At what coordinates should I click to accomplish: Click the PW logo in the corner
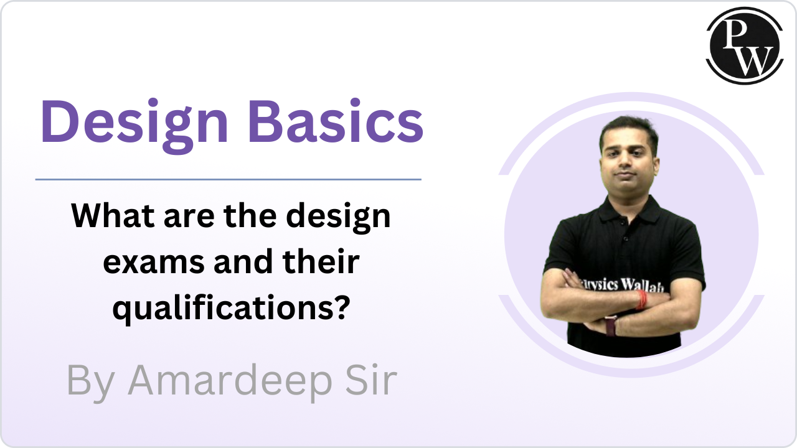(x=745, y=46)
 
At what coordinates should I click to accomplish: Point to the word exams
(x=154, y=263)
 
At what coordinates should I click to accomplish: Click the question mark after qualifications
(x=342, y=305)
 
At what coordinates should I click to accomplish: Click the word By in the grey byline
(x=90, y=383)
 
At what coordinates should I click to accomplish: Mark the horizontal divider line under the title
(x=229, y=180)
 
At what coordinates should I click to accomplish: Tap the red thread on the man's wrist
(x=641, y=300)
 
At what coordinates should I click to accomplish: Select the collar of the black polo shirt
(x=629, y=210)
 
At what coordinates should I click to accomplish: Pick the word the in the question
(x=250, y=215)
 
